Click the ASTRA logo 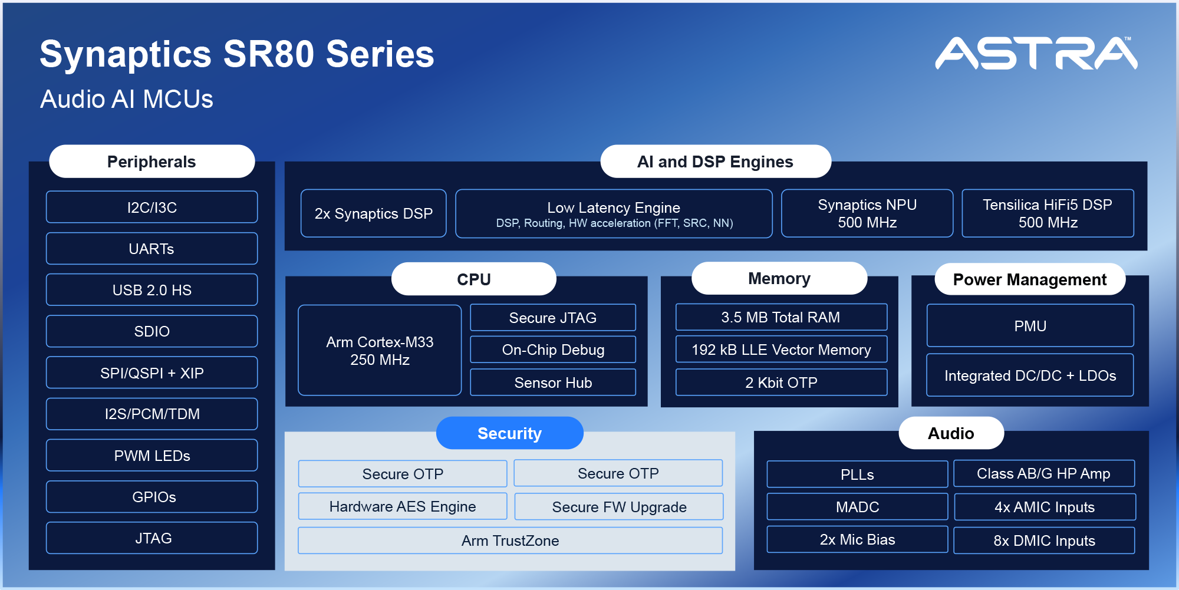(1036, 54)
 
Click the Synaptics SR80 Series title (237, 54)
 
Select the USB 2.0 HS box (152, 290)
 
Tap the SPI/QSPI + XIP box (152, 373)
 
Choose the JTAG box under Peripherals (152, 538)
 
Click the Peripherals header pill (152, 161)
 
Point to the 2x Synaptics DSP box (373, 213)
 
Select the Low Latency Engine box (614, 214)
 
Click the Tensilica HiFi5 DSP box (1048, 213)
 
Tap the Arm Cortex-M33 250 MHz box (380, 350)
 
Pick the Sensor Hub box (553, 383)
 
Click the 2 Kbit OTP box (781, 383)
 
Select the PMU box (1030, 326)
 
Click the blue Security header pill (509, 433)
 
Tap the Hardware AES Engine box (403, 506)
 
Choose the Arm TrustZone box (510, 540)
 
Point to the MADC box (857, 507)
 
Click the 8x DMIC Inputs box (1044, 540)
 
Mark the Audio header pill (951, 433)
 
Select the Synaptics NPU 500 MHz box (867, 213)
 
